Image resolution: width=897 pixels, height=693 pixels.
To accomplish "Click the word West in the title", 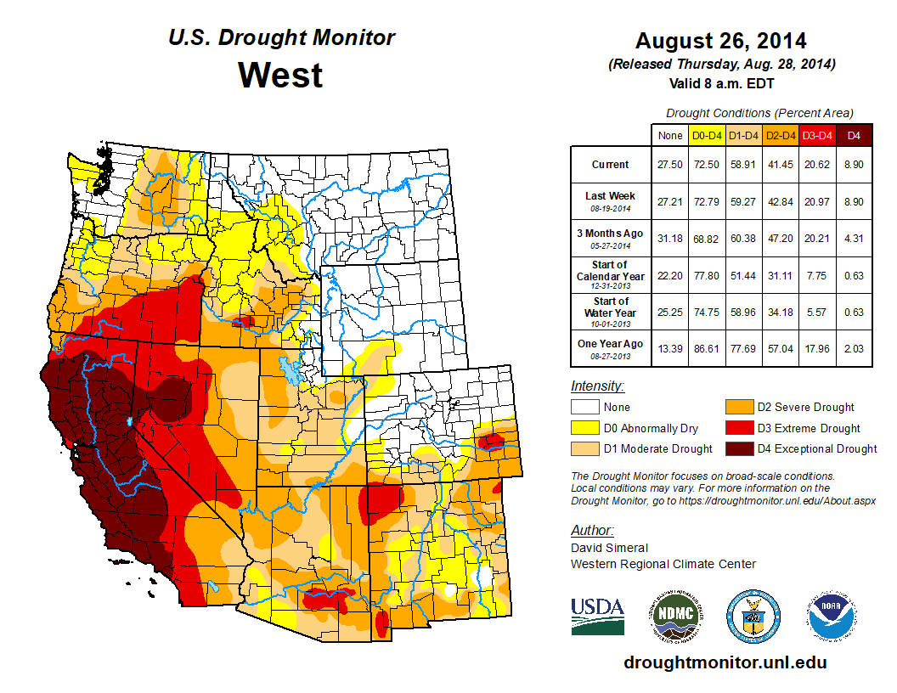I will pos(280,75).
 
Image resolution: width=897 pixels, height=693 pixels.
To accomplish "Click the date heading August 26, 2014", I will pos(721,41).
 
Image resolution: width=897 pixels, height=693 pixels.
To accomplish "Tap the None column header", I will pos(669,134).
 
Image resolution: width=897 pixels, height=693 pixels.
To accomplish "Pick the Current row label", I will pos(611,165).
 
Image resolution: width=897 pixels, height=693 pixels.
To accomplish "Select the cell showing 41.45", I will pos(779,165).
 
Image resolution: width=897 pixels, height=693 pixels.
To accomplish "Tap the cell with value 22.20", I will pos(669,275).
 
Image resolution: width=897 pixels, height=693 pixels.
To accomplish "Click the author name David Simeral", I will pos(609,548).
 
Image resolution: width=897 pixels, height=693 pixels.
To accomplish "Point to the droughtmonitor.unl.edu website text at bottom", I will pos(725,662).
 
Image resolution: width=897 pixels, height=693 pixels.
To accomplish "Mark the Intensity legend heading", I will pos(597,386).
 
